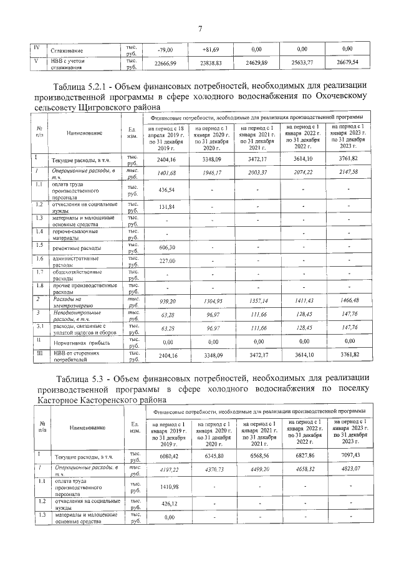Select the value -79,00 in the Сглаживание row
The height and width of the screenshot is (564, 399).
click(165, 49)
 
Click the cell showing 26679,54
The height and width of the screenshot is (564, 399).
click(347, 63)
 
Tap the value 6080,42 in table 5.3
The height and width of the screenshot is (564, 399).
click(165, 456)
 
